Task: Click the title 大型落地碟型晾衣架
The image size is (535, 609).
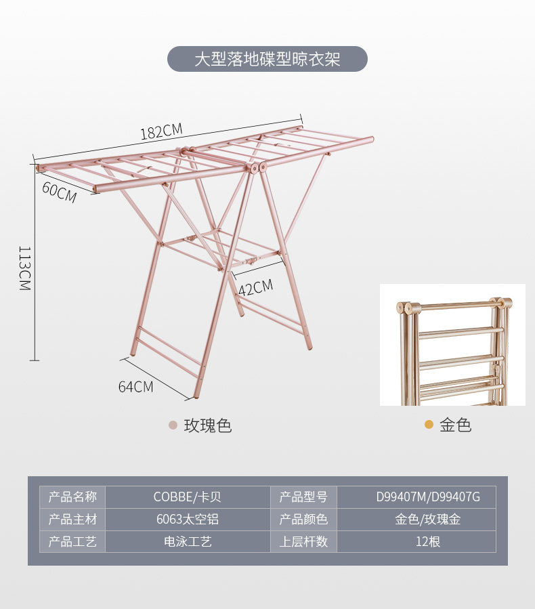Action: [267, 59]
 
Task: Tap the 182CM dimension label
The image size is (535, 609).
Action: [161, 131]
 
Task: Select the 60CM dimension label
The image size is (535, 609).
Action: [59, 192]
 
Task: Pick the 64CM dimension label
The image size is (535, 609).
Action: [135, 387]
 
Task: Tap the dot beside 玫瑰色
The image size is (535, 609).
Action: [173, 425]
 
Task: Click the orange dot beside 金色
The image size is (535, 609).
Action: [429, 425]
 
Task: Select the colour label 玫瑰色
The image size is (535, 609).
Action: [208, 425]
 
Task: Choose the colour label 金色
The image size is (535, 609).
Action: [455, 425]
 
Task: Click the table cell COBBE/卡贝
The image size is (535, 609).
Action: [188, 497]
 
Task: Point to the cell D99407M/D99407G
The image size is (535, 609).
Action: [428, 497]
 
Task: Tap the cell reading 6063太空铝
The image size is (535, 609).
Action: [188, 520]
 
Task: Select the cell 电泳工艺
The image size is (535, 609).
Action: [188, 542]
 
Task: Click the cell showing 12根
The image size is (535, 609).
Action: [428, 542]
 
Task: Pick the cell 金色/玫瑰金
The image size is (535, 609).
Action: [428, 520]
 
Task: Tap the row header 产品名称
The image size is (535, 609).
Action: [72, 497]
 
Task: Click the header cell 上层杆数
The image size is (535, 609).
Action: [303, 542]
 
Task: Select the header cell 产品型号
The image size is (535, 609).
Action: [303, 497]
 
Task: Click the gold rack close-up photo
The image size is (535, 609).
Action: [452, 345]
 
